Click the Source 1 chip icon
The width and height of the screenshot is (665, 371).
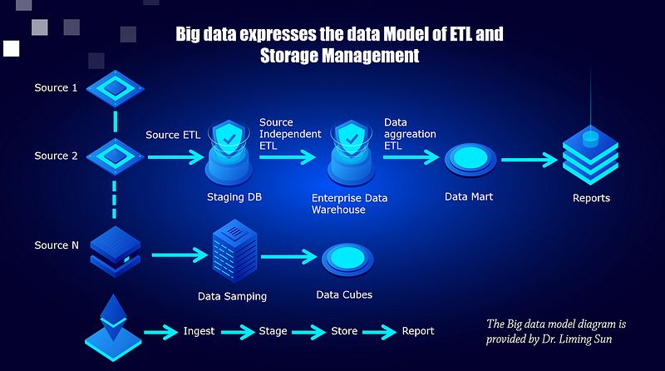[111, 87]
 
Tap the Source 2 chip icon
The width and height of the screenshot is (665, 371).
[111, 156]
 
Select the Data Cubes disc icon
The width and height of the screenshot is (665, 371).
[344, 257]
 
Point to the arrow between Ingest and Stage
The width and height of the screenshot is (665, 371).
[238, 331]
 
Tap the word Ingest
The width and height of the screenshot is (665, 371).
[199, 331]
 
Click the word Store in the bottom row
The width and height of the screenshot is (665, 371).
[344, 331]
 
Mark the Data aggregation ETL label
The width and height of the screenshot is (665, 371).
[410, 133]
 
